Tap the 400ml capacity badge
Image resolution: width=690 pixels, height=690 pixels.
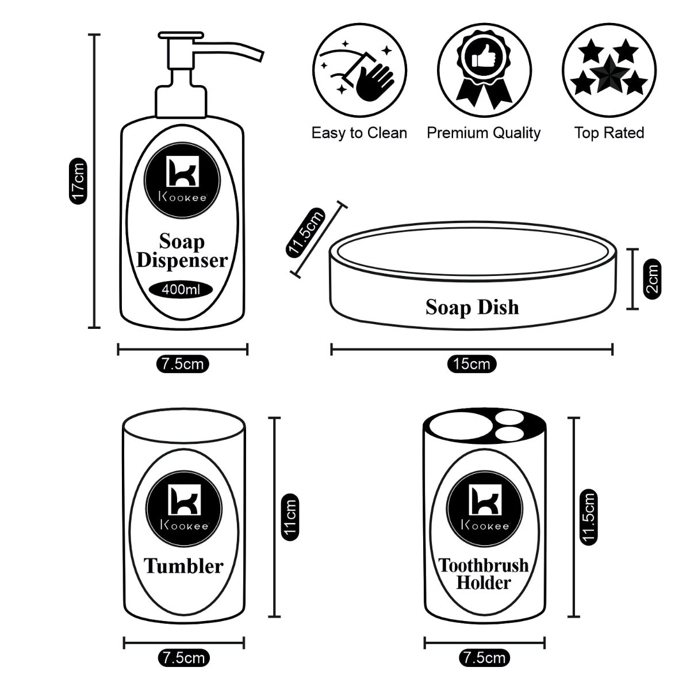181,289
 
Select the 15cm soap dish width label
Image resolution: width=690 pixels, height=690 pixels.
471,364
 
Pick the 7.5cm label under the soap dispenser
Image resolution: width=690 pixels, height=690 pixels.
183,364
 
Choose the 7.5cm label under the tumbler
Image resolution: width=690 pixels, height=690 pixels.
183,658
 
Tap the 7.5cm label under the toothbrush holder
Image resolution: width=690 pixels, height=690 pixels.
484,658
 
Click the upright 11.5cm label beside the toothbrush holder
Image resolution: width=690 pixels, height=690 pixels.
588,517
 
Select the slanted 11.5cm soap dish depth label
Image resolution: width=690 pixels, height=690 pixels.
306,232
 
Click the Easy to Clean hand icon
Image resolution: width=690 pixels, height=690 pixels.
359,70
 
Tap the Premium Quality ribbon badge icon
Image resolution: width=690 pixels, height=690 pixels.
484,70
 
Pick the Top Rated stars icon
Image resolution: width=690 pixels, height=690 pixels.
609,70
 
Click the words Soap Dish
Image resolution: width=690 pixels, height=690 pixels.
472,307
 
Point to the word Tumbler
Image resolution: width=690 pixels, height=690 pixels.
183,566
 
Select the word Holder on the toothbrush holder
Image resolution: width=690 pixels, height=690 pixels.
484,582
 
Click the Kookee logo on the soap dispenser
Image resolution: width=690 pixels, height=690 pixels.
182,181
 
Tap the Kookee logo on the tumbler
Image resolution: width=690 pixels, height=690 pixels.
183,509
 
